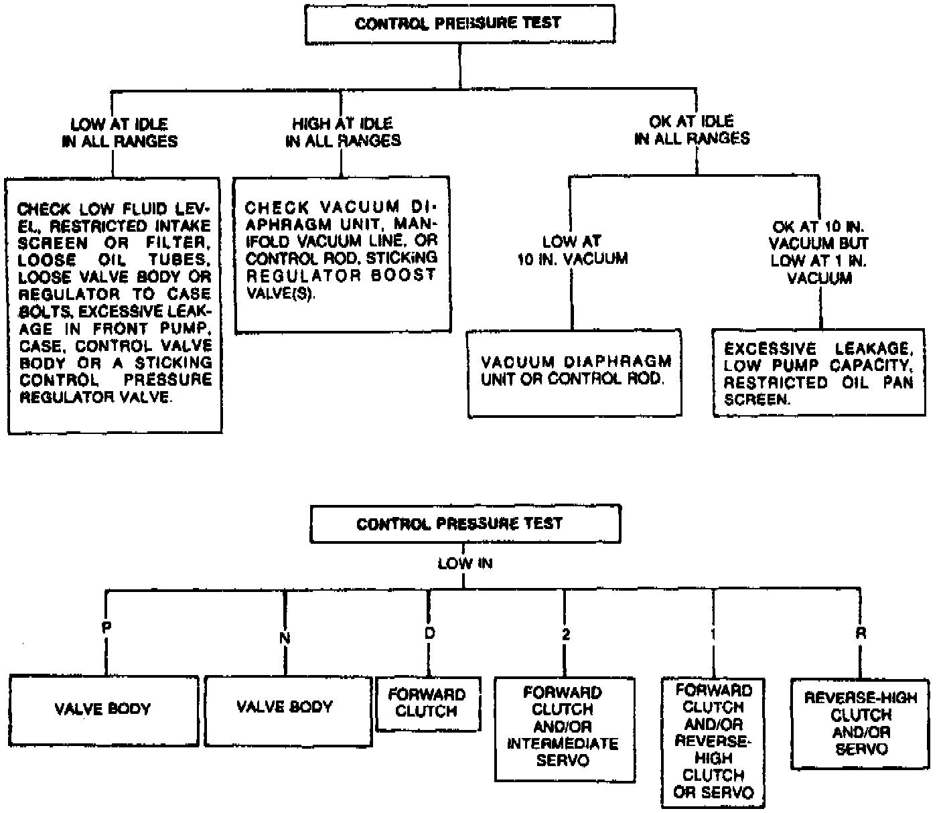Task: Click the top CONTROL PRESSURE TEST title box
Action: point(459,24)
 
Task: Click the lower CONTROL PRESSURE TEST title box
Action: point(465,524)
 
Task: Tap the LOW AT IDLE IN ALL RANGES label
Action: point(120,133)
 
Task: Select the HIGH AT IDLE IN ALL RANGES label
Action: point(343,132)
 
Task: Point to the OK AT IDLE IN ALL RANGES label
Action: point(692,130)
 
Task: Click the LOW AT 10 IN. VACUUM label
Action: point(572,250)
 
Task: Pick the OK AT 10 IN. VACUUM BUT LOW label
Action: point(820,252)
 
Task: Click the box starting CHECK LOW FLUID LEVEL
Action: point(114,305)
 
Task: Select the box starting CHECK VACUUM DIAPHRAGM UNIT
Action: point(342,254)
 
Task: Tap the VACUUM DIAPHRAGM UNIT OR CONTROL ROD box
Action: point(575,372)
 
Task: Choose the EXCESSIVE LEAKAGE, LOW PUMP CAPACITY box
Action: point(818,373)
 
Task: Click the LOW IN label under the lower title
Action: point(465,564)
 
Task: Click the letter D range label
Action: point(429,633)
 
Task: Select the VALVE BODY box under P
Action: point(104,711)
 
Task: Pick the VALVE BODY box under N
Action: point(287,710)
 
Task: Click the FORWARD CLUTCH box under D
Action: point(428,703)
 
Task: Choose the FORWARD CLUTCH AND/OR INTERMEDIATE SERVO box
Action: point(564,729)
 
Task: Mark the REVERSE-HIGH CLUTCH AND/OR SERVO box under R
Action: point(860,724)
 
